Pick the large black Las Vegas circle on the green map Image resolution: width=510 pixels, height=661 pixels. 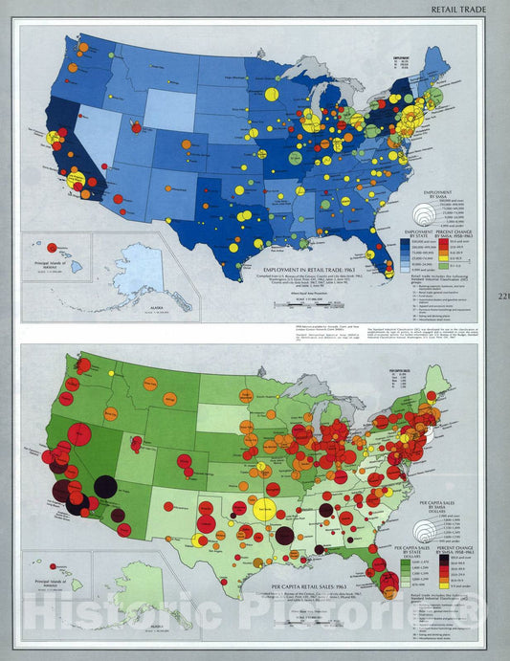(x=105, y=487)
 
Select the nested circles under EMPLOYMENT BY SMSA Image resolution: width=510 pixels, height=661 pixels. (x=430, y=216)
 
